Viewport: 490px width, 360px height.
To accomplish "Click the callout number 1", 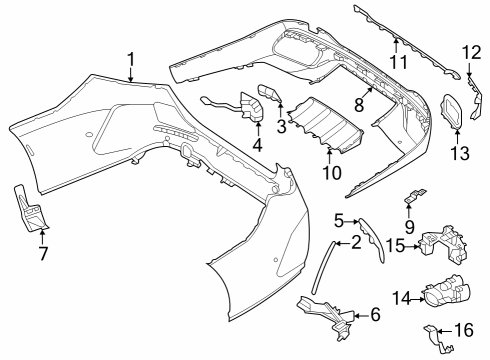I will (x=131, y=60).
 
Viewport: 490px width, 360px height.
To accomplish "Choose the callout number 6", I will (x=375, y=315).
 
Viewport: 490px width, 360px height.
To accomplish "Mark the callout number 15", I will (x=396, y=245).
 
